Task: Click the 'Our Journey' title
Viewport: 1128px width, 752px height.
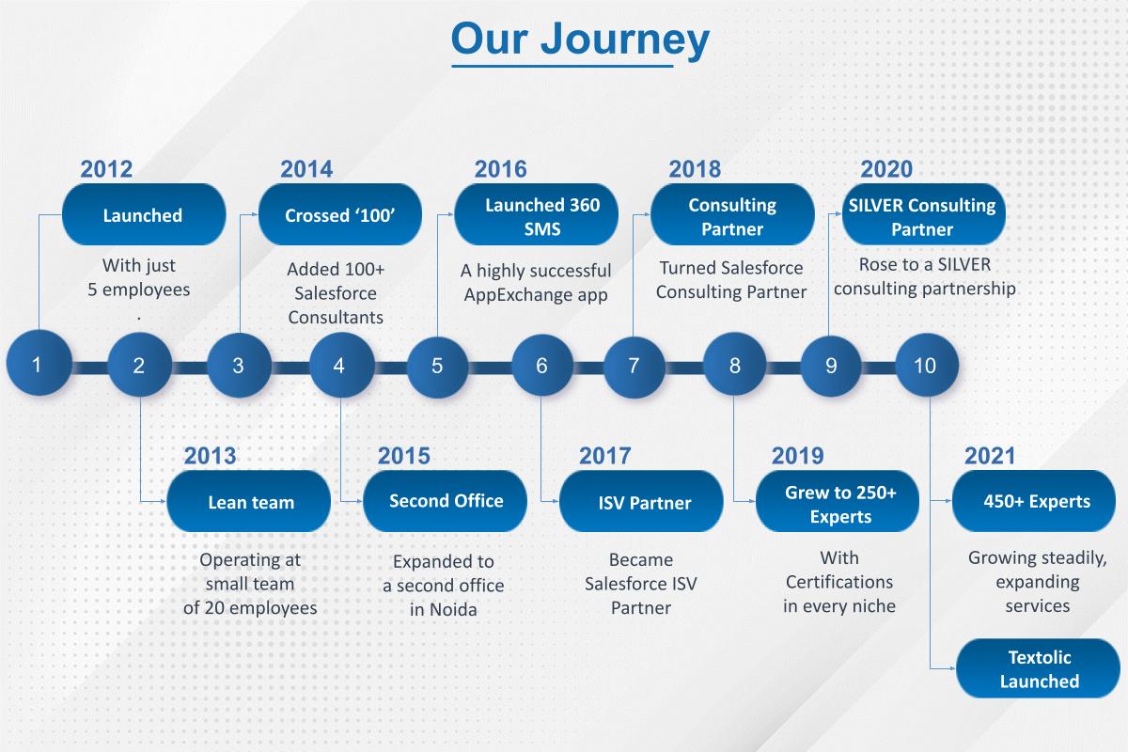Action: [580, 40]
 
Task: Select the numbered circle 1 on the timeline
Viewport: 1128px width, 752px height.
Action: [38, 365]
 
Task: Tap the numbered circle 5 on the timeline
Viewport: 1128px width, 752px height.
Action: [437, 365]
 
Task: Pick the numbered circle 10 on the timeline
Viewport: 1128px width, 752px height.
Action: [926, 365]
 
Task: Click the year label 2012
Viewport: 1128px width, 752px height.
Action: [106, 169]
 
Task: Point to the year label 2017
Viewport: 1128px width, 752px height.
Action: [604, 456]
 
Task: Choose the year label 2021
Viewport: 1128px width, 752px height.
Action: [990, 456]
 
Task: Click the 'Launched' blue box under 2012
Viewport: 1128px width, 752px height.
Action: [143, 215]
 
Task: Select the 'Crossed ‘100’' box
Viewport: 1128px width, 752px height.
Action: [339, 215]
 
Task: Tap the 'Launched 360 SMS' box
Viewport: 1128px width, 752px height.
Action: [536, 216]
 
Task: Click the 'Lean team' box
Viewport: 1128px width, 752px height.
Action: [250, 502]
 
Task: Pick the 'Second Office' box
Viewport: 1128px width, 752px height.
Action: [446, 501]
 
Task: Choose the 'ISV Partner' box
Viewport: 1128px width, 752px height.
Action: [644, 502]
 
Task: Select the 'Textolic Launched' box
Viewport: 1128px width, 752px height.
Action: [1038, 668]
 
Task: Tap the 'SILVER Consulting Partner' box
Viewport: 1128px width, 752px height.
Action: [922, 216]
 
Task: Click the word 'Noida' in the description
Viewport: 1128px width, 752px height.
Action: [456, 609]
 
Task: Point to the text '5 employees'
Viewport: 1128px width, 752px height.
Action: [139, 290]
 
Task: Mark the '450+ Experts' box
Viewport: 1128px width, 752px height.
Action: [1036, 501]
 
